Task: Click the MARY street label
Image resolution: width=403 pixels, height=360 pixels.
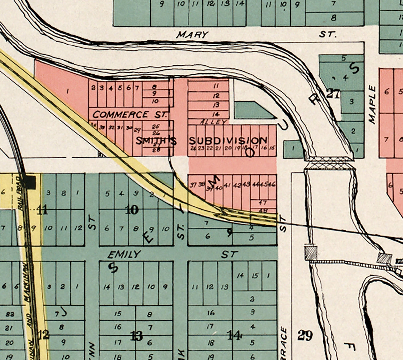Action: click(192, 34)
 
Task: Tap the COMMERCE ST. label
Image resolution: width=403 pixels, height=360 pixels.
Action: click(129, 115)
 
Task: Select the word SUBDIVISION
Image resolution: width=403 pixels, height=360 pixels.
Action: click(228, 140)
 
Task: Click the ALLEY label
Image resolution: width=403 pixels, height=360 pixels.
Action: click(214, 122)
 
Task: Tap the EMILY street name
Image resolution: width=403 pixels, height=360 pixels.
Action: click(124, 255)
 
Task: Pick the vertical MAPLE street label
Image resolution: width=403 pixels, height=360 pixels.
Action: click(373, 105)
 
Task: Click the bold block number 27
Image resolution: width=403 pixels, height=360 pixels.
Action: click(333, 94)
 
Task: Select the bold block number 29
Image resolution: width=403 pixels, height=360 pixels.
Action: click(305, 336)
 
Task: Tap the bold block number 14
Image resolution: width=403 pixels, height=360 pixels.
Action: click(234, 336)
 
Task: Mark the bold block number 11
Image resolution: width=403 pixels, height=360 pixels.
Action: click(42, 210)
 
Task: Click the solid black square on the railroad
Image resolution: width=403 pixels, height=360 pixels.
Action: click(30, 182)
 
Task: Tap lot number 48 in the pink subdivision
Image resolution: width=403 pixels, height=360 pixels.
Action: click(263, 210)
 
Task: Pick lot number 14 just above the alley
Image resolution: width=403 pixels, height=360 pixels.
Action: click(216, 114)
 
